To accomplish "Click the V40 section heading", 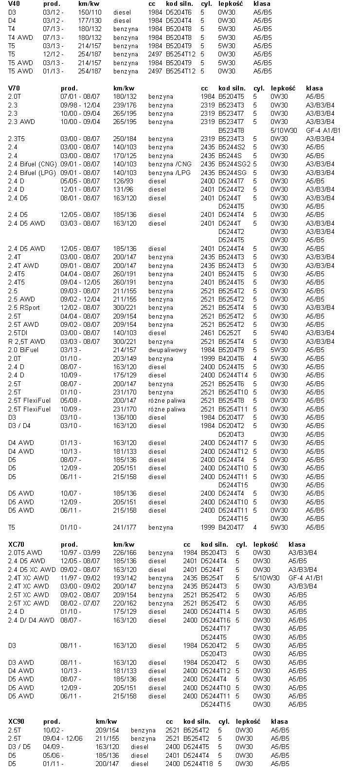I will tap(14, 3).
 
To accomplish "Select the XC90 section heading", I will tap(18, 721).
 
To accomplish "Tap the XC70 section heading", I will tap(18, 544).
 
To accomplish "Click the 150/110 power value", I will tap(90, 12).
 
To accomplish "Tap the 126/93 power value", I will tap(123, 181).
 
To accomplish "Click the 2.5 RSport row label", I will tap(24, 307).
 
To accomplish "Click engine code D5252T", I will tap(230, 333).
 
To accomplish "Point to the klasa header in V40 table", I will tap(262, 3).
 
